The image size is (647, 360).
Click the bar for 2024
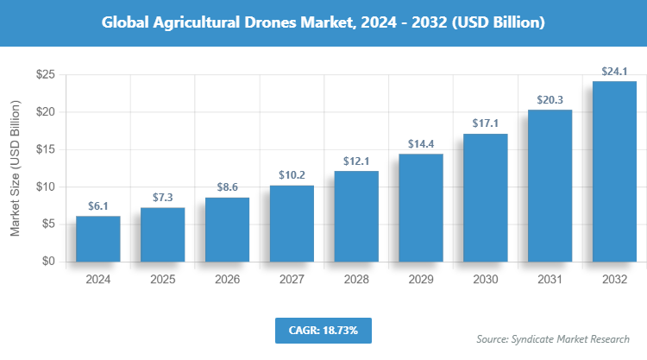(x=97, y=238)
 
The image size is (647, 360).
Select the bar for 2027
(x=292, y=223)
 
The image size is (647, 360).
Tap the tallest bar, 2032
(x=614, y=171)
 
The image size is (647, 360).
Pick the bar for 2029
(x=421, y=207)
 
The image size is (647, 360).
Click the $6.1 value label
(x=97, y=206)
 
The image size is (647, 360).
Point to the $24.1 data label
(x=614, y=72)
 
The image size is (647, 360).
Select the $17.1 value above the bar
(x=486, y=124)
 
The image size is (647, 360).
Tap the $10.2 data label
(x=292, y=175)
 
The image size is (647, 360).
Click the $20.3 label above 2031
(x=550, y=100)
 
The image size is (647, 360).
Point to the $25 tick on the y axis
(x=46, y=75)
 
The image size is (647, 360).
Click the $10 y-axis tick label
(x=46, y=186)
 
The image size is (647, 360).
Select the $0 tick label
(x=49, y=261)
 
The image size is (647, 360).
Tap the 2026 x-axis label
(x=227, y=280)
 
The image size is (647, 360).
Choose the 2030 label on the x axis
(x=486, y=280)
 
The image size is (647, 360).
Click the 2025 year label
(x=162, y=280)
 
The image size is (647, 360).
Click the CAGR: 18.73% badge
(x=323, y=330)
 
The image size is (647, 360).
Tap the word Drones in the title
(x=248, y=22)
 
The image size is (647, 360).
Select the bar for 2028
(x=356, y=216)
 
